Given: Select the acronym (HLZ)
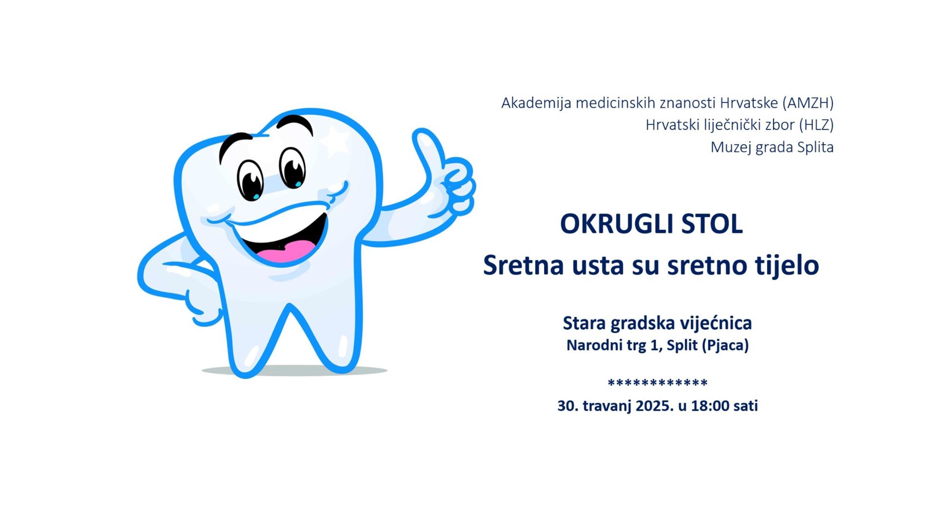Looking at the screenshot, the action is click(x=816, y=125).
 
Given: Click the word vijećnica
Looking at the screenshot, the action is click(x=716, y=323).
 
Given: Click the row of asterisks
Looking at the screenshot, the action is click(x=658, y=383).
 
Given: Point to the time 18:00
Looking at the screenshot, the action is click(x=710, y=406).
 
